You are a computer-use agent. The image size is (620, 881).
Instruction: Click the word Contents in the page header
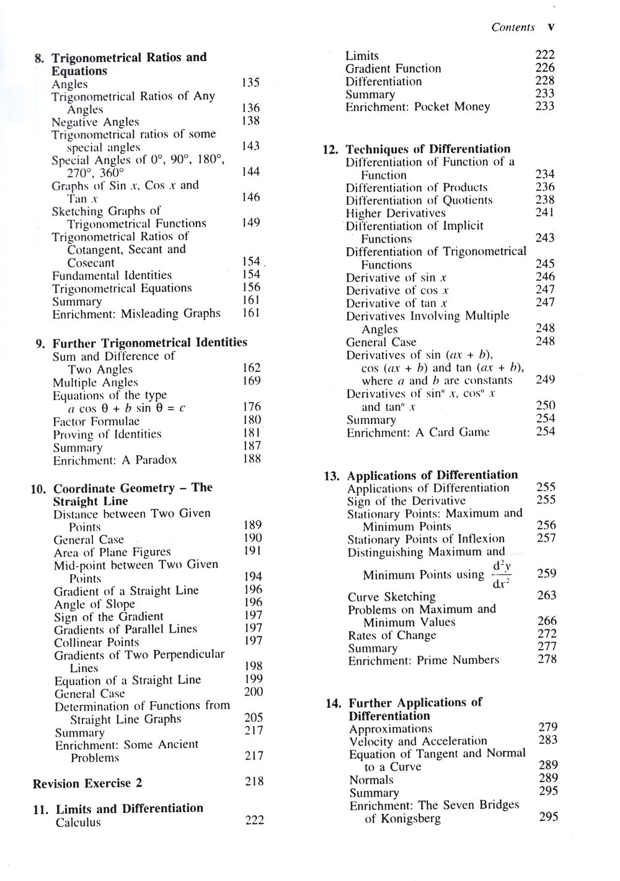(513, 27)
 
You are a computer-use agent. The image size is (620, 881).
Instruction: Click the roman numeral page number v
(551, 27)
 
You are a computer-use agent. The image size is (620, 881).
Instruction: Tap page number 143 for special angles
(250, 146)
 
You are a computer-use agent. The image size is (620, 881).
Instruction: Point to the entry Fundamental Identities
(112, 275)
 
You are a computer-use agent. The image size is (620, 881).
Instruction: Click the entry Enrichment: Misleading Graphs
(136, 314)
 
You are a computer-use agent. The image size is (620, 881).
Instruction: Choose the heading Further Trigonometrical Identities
(149, 343)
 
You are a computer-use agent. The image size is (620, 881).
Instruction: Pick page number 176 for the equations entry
(252, 407)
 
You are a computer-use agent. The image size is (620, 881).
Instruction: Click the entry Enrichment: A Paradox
(115, 460)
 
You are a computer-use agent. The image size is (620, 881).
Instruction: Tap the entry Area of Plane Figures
(112, 552)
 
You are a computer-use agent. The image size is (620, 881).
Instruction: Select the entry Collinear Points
(96, 642)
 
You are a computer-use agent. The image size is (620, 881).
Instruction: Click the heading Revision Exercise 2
(87, 784)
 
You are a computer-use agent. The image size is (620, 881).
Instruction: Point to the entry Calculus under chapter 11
(78, 823)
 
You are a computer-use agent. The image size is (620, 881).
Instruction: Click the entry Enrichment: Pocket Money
(417, 107)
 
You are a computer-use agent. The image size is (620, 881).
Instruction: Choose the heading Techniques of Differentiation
(428, 149)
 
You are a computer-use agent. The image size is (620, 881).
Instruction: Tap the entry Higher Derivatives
(396, 213)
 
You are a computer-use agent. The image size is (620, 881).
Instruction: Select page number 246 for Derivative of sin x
(545, 277)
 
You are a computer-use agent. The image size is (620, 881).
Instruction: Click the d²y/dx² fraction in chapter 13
(501, 575)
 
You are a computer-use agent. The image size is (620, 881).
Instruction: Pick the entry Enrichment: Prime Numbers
(423, 660)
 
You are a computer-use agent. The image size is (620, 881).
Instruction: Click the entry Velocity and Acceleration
(418, 742)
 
